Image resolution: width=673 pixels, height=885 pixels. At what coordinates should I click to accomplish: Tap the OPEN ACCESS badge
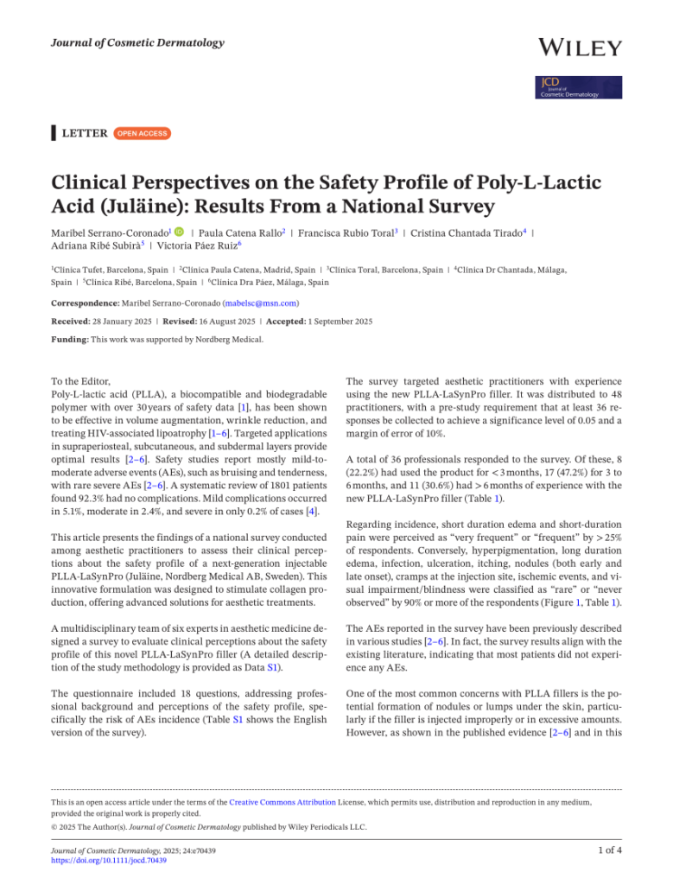click(x=143, y=133)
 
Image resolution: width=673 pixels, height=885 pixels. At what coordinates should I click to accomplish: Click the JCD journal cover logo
click(x=578, y=87)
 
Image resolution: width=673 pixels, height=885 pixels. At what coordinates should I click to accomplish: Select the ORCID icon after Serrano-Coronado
click(x=177, y=232)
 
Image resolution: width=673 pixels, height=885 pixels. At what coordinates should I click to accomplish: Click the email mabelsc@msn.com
click(x=261, y=303)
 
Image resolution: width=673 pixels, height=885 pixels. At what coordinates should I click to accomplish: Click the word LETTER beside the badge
click(x=86, y=133)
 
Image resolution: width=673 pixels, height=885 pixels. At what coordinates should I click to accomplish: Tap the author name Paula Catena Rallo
click(x=240, y=232)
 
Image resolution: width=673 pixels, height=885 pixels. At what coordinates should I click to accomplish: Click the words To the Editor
click(x=80, y=379)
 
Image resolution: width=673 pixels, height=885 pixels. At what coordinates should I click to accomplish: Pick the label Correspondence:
click(x=85, y=303)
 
